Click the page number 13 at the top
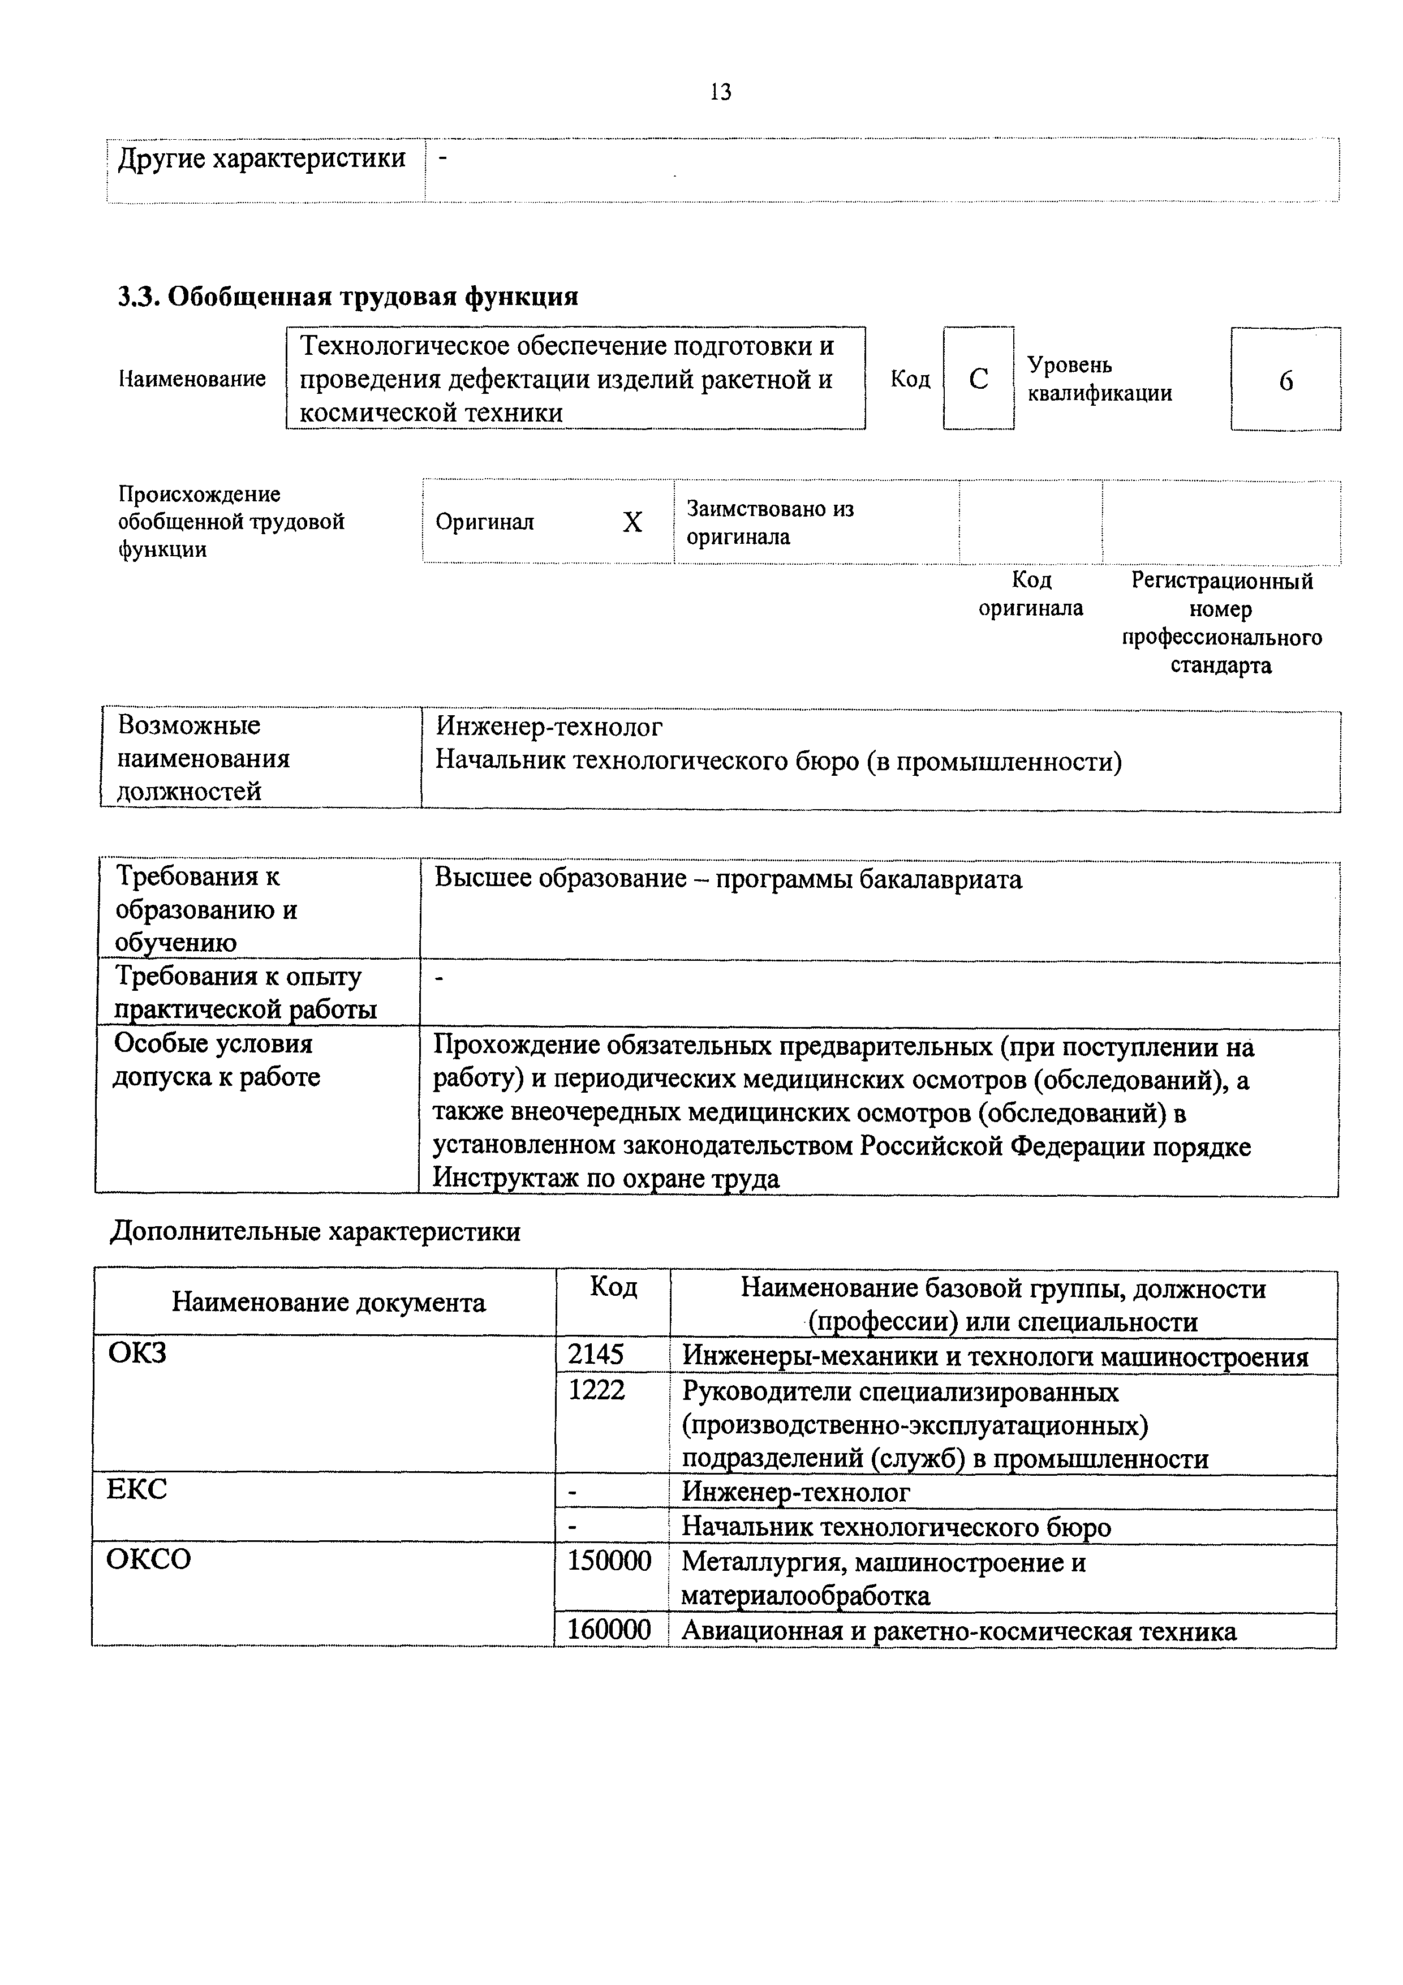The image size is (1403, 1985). click(720, 92)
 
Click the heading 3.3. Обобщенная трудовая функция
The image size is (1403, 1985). click(347, 297)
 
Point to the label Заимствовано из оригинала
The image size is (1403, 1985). click(769, 522)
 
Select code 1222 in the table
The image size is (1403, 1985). click(596, 1390)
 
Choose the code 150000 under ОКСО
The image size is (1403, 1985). click(609, 1561)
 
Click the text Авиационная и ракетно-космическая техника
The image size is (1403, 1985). click(959, 1631)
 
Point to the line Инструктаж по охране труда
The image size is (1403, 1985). click(606, 1178)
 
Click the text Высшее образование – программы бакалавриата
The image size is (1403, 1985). click(728, 879)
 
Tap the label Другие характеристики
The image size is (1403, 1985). click(261, 158)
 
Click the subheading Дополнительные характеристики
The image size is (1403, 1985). click(316, 1231)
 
